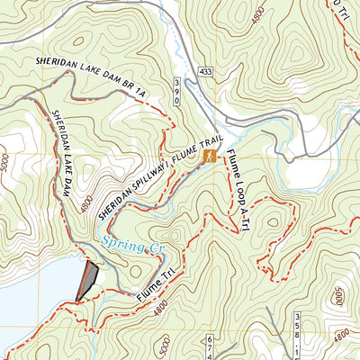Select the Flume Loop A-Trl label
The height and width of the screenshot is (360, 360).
[x=238, y=191]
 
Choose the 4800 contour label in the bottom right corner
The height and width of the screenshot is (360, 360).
[x=341, y=336]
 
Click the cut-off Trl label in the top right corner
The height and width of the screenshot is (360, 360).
[x=346, y=11]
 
